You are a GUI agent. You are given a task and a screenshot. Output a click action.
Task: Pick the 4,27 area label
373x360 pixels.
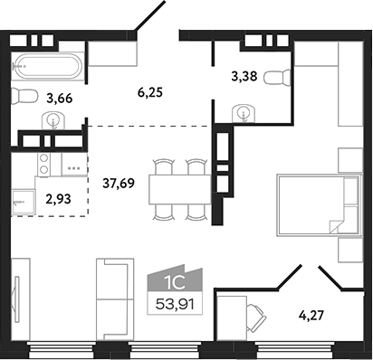pos(315,317)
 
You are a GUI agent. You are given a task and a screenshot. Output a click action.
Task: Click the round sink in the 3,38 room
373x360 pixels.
pos(244,113)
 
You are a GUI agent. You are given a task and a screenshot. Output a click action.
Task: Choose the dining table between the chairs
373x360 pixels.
pos(179,190)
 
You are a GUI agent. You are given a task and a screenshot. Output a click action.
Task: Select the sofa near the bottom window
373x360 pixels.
pos(115,296)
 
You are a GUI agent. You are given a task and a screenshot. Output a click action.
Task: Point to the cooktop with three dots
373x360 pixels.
pos(74,167)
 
